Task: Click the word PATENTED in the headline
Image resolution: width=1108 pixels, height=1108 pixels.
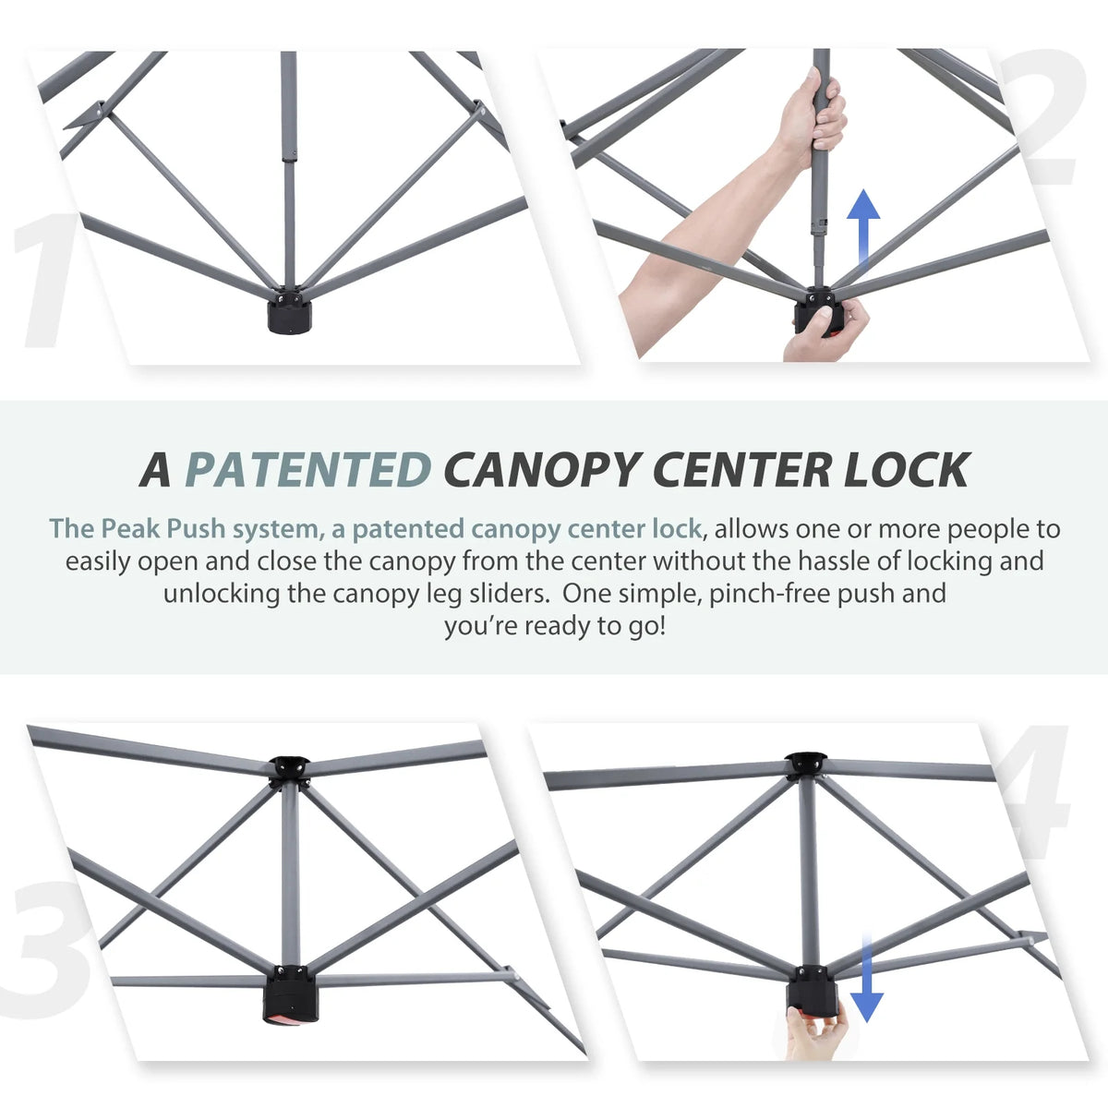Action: click(308, 470)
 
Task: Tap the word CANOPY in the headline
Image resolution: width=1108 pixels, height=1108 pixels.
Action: click(543, 470)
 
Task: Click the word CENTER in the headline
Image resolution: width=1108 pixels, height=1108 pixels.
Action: click(741, 470)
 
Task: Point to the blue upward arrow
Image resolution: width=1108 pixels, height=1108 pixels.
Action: click(863, 226)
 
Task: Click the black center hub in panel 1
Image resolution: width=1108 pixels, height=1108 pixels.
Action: click(289, 312)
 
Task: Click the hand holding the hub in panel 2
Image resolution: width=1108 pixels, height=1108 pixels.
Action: click(828, 333)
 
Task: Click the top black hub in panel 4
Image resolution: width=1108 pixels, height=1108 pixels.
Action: click(807, 765)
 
